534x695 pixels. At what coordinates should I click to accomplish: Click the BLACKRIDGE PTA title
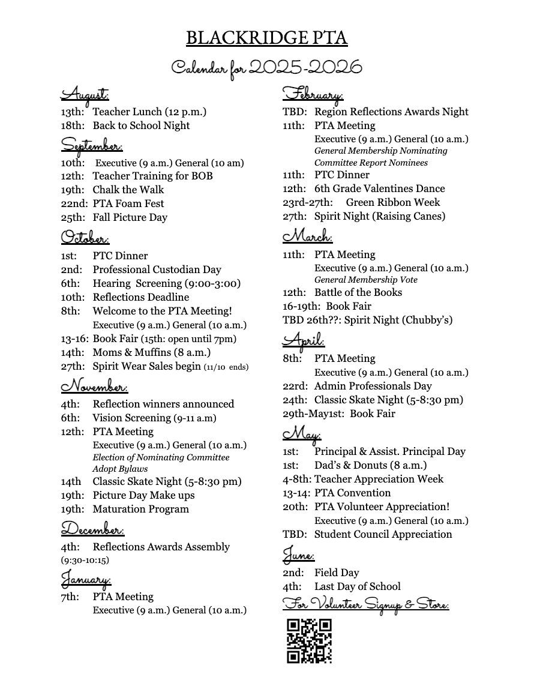tap(266, 38)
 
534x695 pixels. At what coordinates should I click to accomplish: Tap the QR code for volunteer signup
tap(309, 641)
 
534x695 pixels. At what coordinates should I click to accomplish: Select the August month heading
tap(85, 94)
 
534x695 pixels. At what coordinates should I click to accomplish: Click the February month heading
tap(313, 94)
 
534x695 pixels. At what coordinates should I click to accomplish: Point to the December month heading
tap(92, 529)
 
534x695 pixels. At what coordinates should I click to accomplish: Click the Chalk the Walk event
tap(128, 190)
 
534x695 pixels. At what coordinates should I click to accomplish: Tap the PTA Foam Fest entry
tap(128, 203)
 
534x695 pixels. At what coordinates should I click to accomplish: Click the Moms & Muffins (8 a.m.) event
tap(151, 352)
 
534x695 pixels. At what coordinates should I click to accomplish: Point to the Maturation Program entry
tap(140, 509)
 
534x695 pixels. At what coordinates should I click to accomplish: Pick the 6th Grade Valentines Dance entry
tap(379, 188)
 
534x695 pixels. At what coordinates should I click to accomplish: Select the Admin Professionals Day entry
tap(373, 386)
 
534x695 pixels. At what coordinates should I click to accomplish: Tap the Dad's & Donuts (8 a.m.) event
tap(370, 465)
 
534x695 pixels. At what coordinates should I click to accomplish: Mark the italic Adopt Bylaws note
tap(120, 469)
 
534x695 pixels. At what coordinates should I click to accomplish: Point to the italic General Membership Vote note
tap(366, 280)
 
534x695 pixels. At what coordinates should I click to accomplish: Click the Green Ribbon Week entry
tap(392, 202)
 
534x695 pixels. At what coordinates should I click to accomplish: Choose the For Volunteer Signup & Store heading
tap(365, 604)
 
